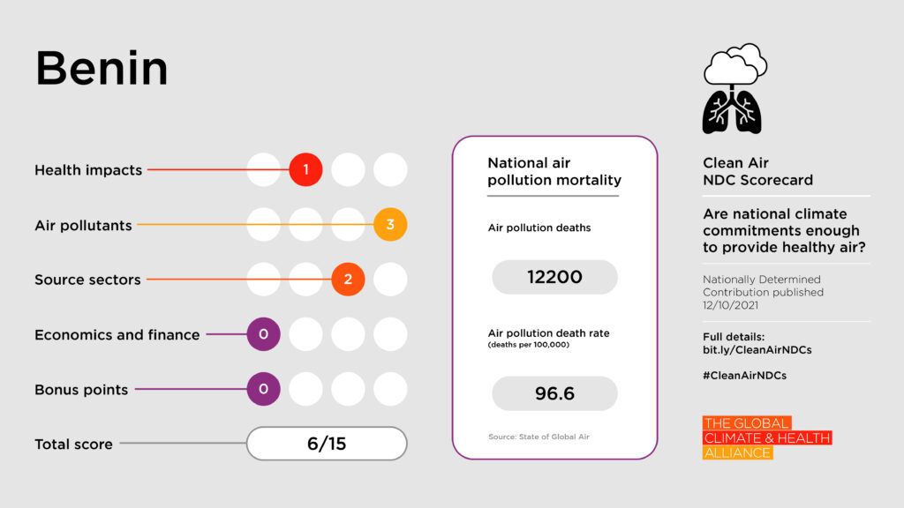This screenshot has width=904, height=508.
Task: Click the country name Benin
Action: click(x=102, y=68)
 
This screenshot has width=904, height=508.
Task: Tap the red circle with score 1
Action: click(x=305, y=169)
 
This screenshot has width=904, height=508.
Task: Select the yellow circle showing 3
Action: click(x=390, y=225)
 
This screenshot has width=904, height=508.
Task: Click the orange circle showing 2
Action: click(x=348, y=280)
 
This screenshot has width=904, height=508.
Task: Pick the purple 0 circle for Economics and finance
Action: click(x=263, y=334)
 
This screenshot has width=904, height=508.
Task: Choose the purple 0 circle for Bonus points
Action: click(x=263, y=389)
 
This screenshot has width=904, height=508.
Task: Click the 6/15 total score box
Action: click(x=327, y=444)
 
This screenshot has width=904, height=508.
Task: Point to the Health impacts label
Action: click(x=88, y=170)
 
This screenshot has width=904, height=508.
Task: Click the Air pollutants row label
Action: click(x=83, y=225)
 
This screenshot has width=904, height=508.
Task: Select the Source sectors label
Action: click(x=87, y=280)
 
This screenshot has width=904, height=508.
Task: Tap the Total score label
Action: click(x=73, y=444)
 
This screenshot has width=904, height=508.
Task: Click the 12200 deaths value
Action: click(x=554, y=277)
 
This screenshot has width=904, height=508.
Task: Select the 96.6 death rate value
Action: click(x=554, y=393)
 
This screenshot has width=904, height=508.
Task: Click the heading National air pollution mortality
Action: click(x=553, y=172)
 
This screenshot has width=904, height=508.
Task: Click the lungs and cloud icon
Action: click(x=733, y=88)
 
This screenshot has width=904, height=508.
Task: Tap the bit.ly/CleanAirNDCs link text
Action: click(x=757, y=349)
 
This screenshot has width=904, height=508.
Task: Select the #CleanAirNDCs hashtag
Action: click(x=744, y=375)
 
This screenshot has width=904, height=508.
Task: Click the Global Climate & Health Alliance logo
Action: click(x=766, y=438)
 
